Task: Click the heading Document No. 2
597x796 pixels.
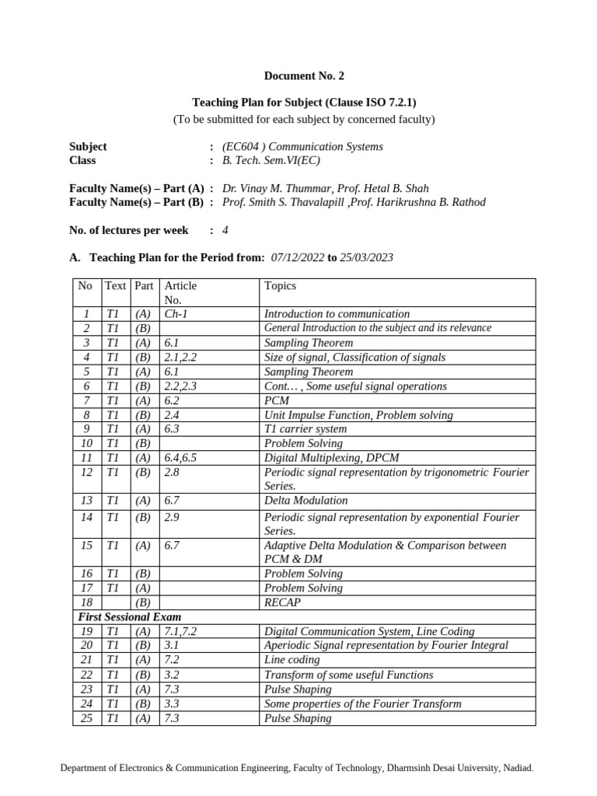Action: pos(303,76)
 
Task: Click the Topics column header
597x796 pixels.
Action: pos(280,285)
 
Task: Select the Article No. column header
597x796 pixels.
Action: pos(180,292)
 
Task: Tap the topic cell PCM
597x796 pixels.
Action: pos(276,400)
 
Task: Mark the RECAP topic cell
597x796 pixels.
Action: pos(282,602)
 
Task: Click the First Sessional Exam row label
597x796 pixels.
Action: pos(129,616)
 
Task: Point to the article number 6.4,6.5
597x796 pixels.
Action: pos(180,458)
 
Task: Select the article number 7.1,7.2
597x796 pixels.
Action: pos(180,631)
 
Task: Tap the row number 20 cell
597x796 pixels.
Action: pos(87,645)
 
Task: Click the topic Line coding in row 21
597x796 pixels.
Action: pos(292,660)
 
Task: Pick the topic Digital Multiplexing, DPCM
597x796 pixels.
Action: pos(332,458)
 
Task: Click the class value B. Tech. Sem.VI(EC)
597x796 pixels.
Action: pos(271,160)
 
